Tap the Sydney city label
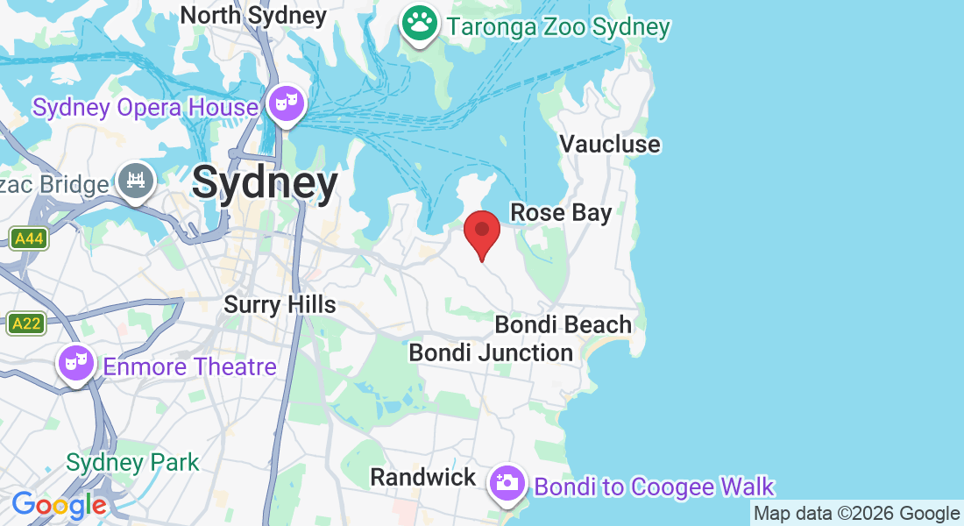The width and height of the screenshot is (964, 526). [265, 183]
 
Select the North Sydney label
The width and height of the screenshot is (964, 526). [253, 15]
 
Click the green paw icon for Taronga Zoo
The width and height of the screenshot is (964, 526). [420, 24]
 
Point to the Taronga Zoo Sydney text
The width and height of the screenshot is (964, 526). [558, 26]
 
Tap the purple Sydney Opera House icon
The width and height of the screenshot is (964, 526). [287, 104]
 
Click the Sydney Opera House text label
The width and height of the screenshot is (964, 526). [145, 108]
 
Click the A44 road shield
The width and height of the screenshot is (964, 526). [29, 238]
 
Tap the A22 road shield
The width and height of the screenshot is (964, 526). [26, 323]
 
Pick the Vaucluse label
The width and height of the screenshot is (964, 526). [610, 144]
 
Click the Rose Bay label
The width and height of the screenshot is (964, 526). [561, 212]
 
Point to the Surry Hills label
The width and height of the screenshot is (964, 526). [280, 304]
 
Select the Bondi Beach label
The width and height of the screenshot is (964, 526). [563, 324]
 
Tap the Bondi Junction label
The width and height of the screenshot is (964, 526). [491, 352]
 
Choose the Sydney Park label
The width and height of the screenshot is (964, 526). [133, 462]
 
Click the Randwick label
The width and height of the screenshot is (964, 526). [423, 478]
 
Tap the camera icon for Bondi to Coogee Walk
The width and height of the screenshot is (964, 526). [507, 482]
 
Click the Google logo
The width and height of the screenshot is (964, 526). [59, 505]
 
